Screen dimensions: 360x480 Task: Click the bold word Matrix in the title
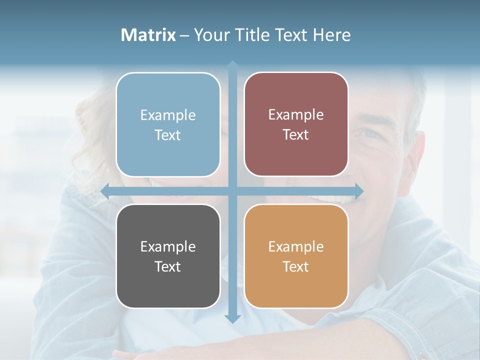coord(148,35)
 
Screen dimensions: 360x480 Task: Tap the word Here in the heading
coord(331,35)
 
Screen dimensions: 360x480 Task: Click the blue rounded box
coord(168,124)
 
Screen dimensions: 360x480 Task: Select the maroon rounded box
coord(296,124)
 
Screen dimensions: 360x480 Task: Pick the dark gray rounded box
coord(168,256)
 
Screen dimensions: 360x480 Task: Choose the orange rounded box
coord(296,256)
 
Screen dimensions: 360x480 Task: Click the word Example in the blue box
coord(168,115)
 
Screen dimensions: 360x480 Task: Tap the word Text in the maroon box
coord(296,135)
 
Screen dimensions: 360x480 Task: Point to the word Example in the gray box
coord(168,246)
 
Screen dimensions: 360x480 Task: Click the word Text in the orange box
coord(296,266)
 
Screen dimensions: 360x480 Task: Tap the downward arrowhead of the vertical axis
coord(232,318)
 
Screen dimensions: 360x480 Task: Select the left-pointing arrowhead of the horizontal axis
coord(105,190)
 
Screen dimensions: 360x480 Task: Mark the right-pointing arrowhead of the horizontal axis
coord(359,190)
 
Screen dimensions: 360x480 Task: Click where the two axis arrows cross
coord(232,190)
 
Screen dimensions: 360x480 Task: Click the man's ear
coord(419,150)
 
